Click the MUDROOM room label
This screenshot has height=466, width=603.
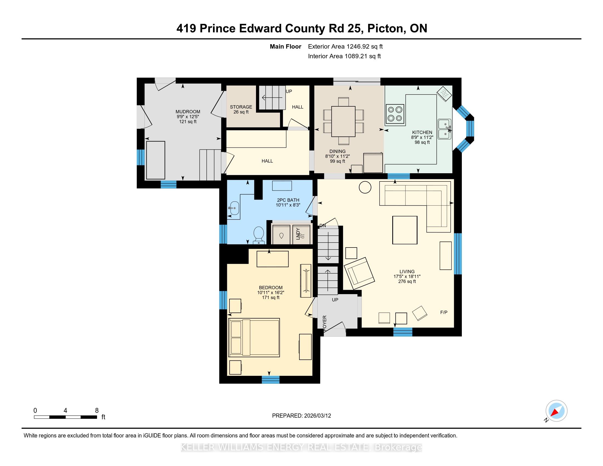click(188, 112)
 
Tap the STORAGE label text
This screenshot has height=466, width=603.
click(241, 107)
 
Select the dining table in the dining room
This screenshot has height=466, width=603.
click(343, 121)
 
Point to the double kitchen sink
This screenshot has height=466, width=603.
click(445, 129)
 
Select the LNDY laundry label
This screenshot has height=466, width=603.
click(298, 234)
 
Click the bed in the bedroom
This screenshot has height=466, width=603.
click(254, 337)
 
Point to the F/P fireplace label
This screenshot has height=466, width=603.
click(444, 312)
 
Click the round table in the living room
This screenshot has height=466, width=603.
click(365, 187)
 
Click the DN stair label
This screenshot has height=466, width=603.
click(323, 226)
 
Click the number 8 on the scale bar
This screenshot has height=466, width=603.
click(97, 410)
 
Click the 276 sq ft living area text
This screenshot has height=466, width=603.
click(407, 281)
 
